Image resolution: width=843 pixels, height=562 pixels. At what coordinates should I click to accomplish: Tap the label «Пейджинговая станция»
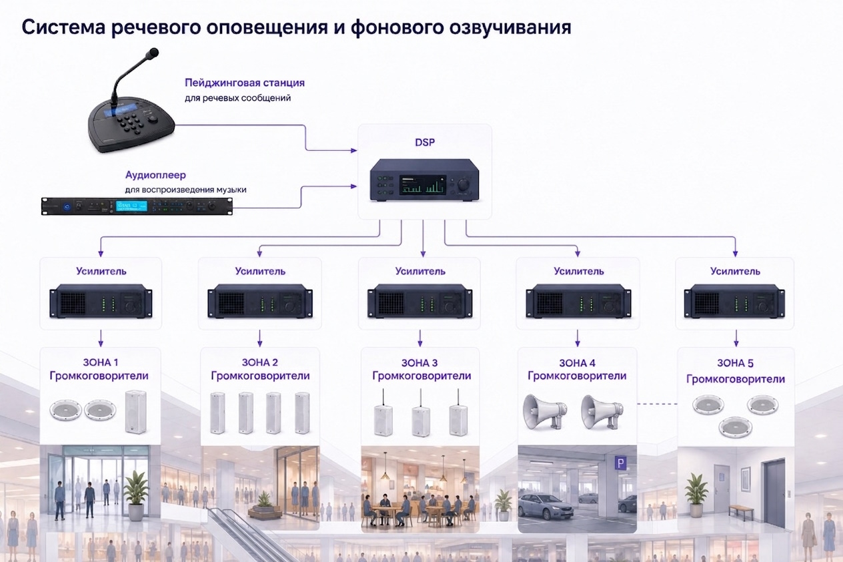(245, 83)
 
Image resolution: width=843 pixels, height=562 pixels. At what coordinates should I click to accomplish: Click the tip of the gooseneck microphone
(153, 52)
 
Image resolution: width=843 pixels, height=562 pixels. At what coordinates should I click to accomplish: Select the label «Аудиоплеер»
(155, 175)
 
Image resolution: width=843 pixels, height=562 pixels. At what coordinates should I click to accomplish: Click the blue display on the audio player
(131, 206)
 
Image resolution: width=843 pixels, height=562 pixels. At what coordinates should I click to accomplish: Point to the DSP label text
(425, 142)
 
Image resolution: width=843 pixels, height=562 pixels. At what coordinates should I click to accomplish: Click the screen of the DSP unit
(423, 185)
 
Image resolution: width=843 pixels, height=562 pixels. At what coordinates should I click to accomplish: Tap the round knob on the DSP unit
(464, 185)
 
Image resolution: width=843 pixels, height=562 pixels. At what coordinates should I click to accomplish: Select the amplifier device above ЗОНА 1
(101, 301)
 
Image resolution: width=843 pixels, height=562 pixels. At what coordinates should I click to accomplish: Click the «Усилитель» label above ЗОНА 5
(735, 271)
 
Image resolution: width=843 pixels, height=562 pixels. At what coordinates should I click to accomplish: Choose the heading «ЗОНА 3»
(419, 363)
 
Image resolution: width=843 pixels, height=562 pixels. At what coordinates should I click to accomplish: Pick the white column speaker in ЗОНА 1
(135, 412)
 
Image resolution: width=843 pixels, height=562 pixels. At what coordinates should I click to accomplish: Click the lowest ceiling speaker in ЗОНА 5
(736, 428)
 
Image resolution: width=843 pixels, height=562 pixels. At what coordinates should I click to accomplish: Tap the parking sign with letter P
(620, 463)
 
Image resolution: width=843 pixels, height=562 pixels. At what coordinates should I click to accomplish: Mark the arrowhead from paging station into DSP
(353, 151)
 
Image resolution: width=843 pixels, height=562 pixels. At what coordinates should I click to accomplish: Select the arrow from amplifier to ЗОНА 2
(259, 338)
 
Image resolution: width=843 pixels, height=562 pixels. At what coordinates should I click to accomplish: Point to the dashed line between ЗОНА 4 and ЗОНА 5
(657, 404)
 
